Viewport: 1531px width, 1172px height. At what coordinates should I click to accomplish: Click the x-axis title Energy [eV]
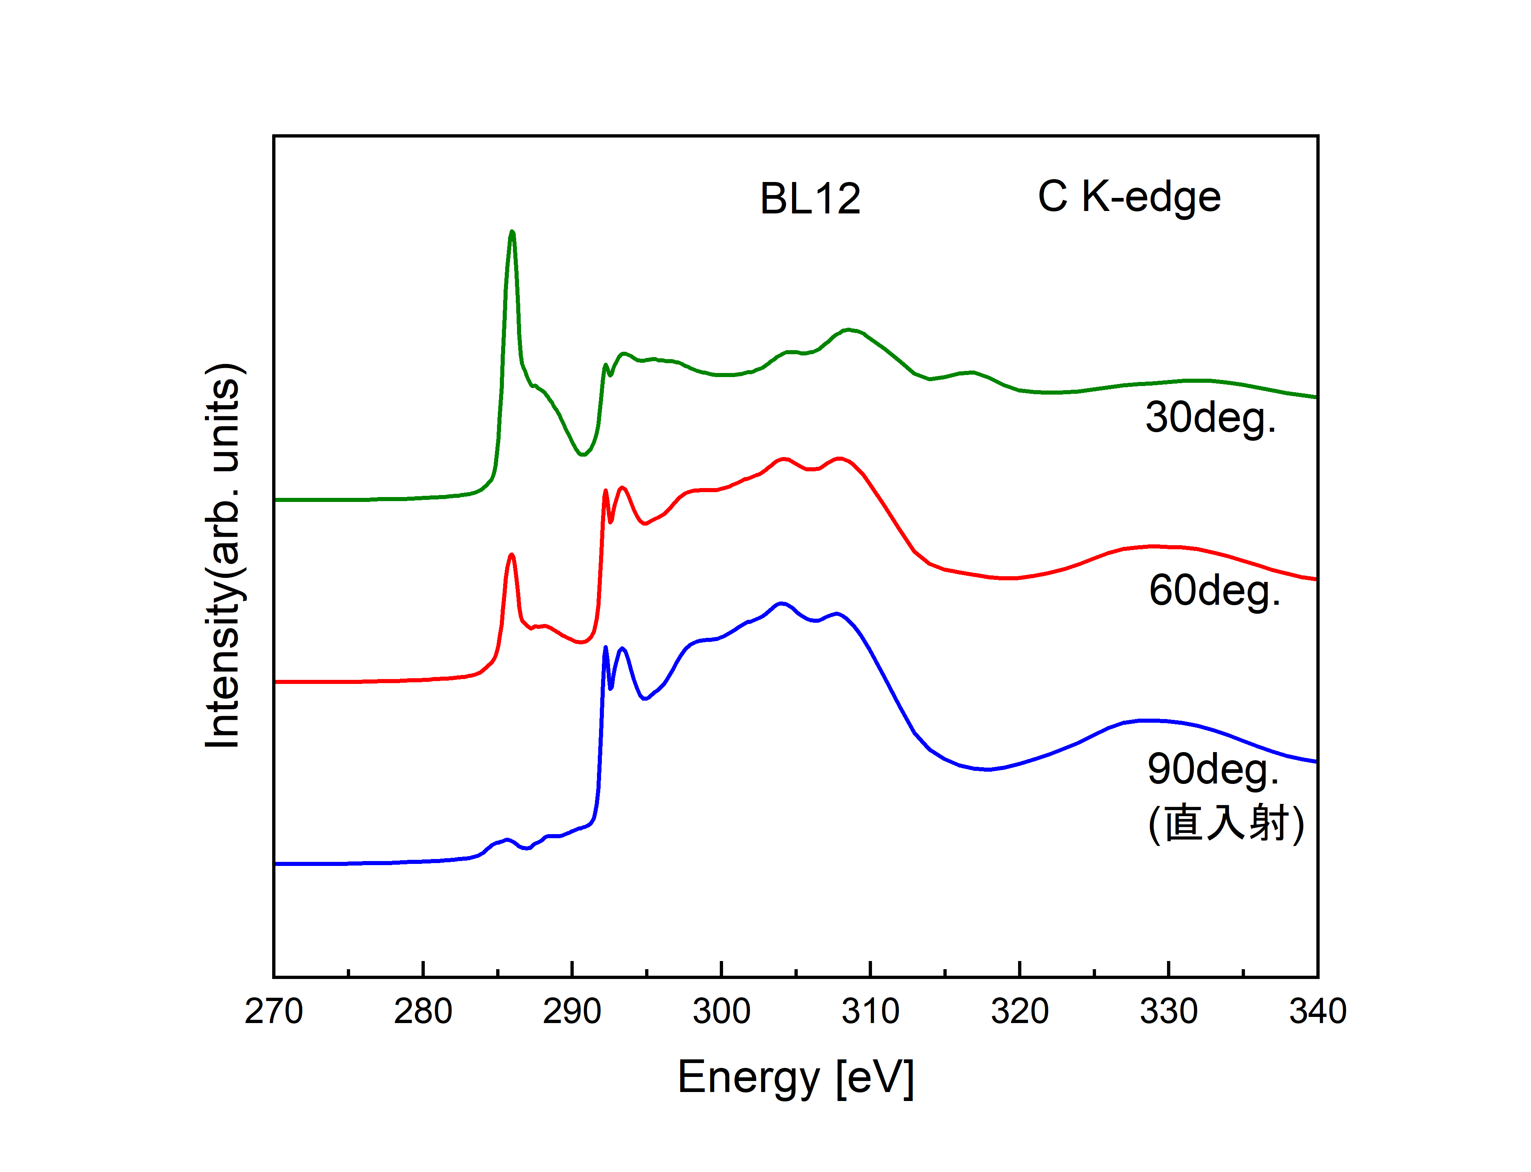pos(796,1078)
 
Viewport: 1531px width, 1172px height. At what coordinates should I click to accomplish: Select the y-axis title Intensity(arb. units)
pos(223,556)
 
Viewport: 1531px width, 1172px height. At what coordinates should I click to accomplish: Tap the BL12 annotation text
pos(810,199)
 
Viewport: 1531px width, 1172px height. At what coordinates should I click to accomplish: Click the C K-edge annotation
pos(1129,198)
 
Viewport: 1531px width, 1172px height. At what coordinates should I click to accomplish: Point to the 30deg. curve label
pos(1211,418)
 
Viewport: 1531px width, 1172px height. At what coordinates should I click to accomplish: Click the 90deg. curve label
pos(1213,770)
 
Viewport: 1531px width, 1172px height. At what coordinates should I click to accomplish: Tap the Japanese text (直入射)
pos(1225,824)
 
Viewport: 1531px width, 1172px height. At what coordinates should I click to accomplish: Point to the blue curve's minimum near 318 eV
pos(987,770)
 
